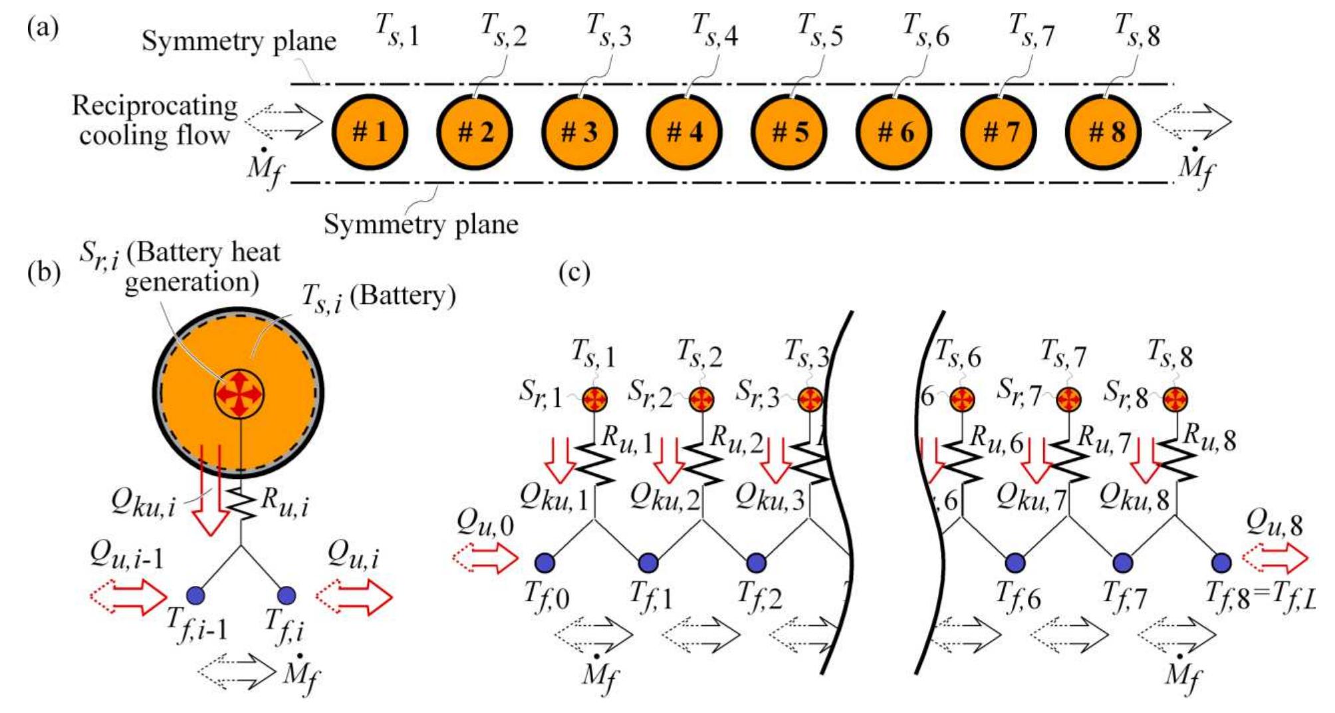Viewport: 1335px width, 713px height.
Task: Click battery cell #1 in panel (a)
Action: tap(370, 132)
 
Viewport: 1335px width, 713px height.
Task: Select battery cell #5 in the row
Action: tap(789, 132)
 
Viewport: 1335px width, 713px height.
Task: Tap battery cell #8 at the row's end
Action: tap(1104, 132)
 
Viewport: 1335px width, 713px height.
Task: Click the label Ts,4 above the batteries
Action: tap(715, 31)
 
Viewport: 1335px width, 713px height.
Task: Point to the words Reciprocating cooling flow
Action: tap(154, 120)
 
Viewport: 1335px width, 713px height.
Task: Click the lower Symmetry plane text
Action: tap(420, 224)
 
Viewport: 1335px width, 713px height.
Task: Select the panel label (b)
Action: tap(44, 272)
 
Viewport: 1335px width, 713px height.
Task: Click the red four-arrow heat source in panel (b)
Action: tap(239, 394)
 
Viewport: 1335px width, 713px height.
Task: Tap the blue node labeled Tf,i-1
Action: tap(195, 594)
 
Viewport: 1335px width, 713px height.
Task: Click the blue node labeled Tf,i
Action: tap(287, 594)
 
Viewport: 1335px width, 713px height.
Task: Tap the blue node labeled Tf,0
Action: tap(545, 563)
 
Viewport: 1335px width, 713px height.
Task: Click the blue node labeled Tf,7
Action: tap(1123, 563)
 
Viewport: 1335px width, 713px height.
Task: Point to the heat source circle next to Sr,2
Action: tap(701, 399)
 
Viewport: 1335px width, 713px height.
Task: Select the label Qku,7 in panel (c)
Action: tap(1031, 497)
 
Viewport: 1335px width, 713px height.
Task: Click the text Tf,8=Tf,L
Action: tap(1260, 595)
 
